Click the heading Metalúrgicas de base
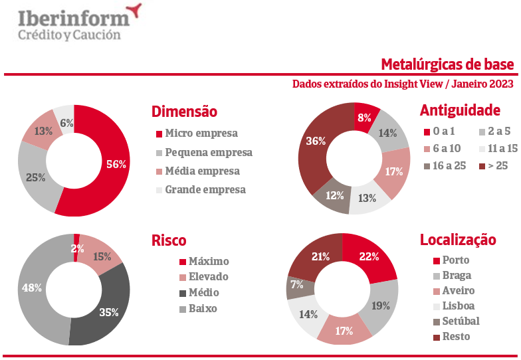(x=447, y=64)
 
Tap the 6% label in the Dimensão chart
(x=66, y=122)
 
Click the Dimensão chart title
(x=184, y=112)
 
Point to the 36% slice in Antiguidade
(x=315, y=141)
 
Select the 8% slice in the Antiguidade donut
(x=365, y=118)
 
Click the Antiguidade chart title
(x=460, y=110)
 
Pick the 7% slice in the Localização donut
(x=296, y=285)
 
